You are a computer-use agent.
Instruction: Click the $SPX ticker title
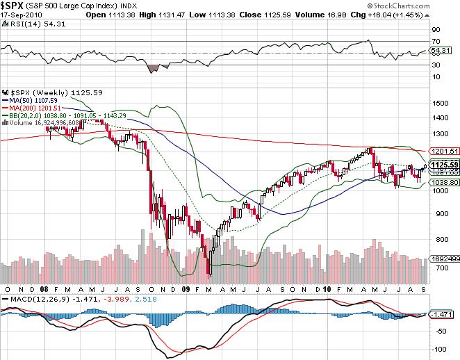[13, 6]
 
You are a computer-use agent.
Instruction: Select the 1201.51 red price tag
[443, 151]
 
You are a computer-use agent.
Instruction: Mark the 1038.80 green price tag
[443, 181]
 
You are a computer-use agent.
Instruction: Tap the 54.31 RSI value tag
[442, 51]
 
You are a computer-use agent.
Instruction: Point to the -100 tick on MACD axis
[439, 350]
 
